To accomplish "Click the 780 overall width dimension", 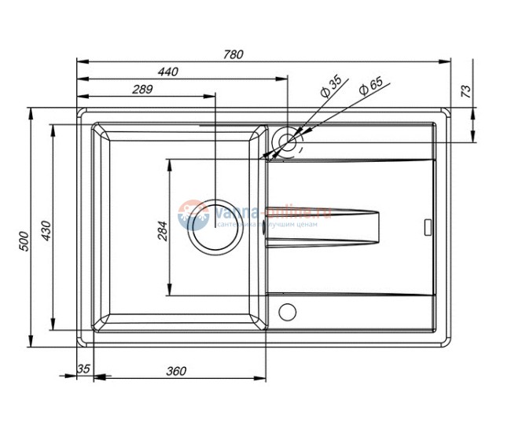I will (x=233, y=54).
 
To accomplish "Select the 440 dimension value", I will (x=167, y=72).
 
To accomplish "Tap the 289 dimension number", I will (x=142, y=90).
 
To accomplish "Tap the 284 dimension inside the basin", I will (x=163, y=229).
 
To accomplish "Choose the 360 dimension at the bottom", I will (x=175, y=370).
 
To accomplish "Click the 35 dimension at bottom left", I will (x=84, y=370).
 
